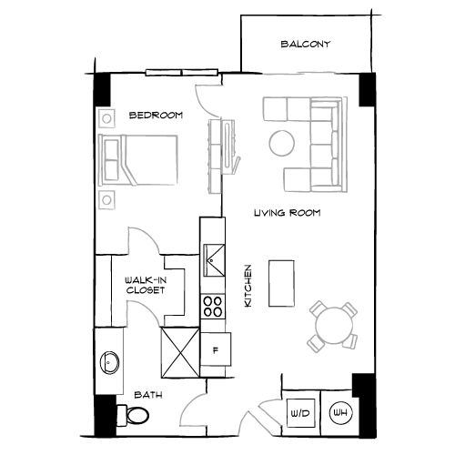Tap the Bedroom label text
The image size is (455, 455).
157,116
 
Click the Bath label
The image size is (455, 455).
149,395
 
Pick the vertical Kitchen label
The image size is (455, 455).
248,285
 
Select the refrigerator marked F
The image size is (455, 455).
216,349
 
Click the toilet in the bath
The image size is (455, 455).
137,416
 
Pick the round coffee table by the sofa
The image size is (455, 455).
281,142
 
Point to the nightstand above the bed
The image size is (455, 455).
107,117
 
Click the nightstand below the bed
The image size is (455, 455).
107,199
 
